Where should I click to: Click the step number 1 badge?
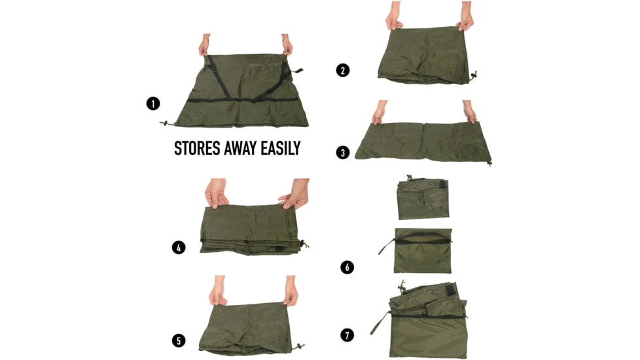(x=153, y=103)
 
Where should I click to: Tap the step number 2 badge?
(x=343, y=70)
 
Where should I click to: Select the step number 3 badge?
(x=343, y=153)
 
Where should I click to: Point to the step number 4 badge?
(x=179, y=247)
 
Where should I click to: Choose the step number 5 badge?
(x=179, y=341)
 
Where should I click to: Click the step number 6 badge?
(x=347, y=267)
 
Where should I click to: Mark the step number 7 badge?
(x=347, y=336)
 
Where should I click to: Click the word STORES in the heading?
(x=198, y=148)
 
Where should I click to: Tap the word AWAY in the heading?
(x=241, y=148)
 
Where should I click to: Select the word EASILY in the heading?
(x=281, y=148)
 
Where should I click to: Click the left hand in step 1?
(x=204, y=45)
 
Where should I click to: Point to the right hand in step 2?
(x=465, y=16)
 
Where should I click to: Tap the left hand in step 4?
(x=217, y=193)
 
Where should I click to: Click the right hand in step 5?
(x=291, y=291)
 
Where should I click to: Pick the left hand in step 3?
(x=380, y=112)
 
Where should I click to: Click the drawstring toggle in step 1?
(x=165, y=123)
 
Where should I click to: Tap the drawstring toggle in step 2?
(x=474, y=75)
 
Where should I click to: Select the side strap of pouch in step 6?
(x=386, y=247)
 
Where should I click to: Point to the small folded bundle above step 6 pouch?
(x=423, y=198)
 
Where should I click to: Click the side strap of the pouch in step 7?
(x=380, y=323)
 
